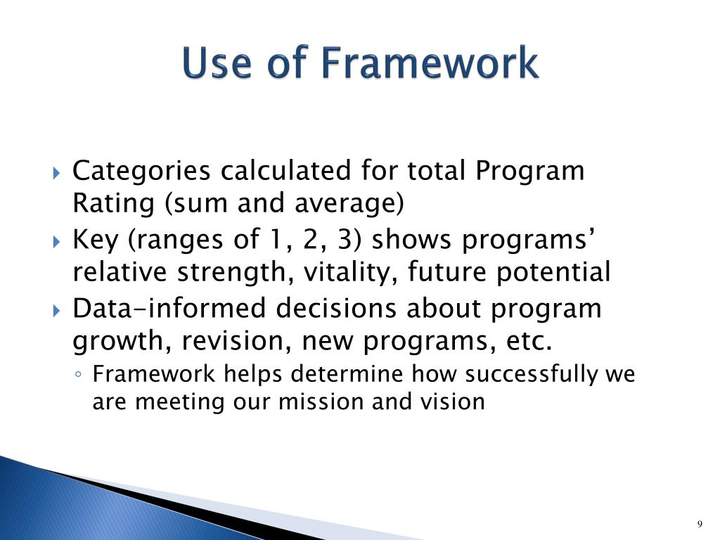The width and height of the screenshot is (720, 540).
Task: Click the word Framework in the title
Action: pos(430,64)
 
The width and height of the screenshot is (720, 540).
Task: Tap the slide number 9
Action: pos(700,524)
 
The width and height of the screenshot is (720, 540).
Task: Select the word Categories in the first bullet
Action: pos(141,171)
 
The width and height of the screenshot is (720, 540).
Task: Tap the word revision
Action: pos(236,342)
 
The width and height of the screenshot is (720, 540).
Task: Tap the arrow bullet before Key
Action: pos(58,241)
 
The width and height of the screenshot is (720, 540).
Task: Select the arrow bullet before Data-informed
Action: pos(58,309)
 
